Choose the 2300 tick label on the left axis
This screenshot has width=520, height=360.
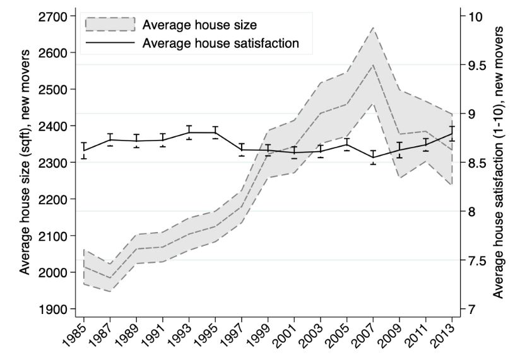coord(54,163)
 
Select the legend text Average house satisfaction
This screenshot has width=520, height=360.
coord(220,43)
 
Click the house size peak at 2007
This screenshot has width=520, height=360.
coord(373,65)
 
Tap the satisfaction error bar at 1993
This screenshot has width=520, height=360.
coord(189,132)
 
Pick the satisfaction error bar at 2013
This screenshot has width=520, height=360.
coord(452,133)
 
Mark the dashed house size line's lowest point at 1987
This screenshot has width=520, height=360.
coord(110,278)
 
